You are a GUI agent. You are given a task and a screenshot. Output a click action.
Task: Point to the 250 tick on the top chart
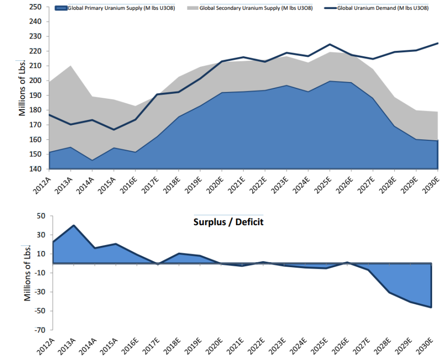click(x=36, y=7)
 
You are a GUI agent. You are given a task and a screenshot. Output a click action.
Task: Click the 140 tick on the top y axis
click(x=36, y=169)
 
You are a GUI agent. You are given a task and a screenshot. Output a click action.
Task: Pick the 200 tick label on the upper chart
click(x=36, y=80)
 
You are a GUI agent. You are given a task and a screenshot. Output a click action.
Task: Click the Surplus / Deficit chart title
click(x=228, y=222)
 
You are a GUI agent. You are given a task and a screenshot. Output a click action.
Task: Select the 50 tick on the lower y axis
click(x=40, y=216)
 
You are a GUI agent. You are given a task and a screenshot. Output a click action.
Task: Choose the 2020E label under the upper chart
click(x=215, y=184)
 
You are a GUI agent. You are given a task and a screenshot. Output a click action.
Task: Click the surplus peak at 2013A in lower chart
click(x=74, y=226)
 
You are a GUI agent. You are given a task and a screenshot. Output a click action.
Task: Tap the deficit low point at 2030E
click(x=432, y=307)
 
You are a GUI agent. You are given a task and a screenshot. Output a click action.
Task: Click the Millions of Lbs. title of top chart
click(x=22, y=89)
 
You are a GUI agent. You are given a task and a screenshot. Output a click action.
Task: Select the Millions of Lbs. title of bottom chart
click(x=28, y=273)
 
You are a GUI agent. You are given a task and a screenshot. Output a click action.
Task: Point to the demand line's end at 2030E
click(x=438, y=43)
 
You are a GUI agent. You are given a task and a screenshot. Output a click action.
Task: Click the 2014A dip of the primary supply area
click(x=92, y=160)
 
